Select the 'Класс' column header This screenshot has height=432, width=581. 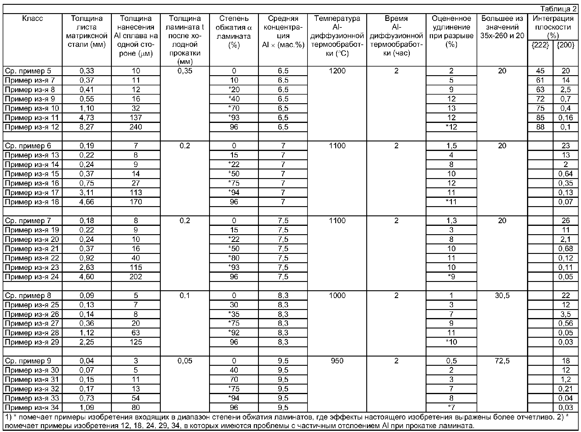point(33,18)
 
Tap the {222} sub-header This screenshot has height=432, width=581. point(540,45)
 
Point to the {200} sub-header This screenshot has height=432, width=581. point(565,45)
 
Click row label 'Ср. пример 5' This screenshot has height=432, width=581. point(28,71)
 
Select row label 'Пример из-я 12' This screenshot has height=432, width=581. point(32,127)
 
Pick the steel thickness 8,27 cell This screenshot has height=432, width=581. point(87,127)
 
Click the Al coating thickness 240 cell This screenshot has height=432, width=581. point(136,127)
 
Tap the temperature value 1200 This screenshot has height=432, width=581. point(337,71)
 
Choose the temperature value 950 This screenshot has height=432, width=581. point(337,361)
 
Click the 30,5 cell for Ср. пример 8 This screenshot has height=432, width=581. point(502,295)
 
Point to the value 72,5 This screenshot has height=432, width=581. point(502,361)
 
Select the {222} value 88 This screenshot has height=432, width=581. point(540,127)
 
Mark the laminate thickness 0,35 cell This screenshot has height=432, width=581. point(185,71)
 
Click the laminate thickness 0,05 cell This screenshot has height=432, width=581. point(185,361)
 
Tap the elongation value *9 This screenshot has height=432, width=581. point(451,277)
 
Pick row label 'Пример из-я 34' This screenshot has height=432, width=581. point(32,408)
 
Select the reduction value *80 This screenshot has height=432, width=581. point(234,258)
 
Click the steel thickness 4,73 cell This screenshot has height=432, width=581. point(87,118)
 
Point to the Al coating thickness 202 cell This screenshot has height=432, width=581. point(136,277)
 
